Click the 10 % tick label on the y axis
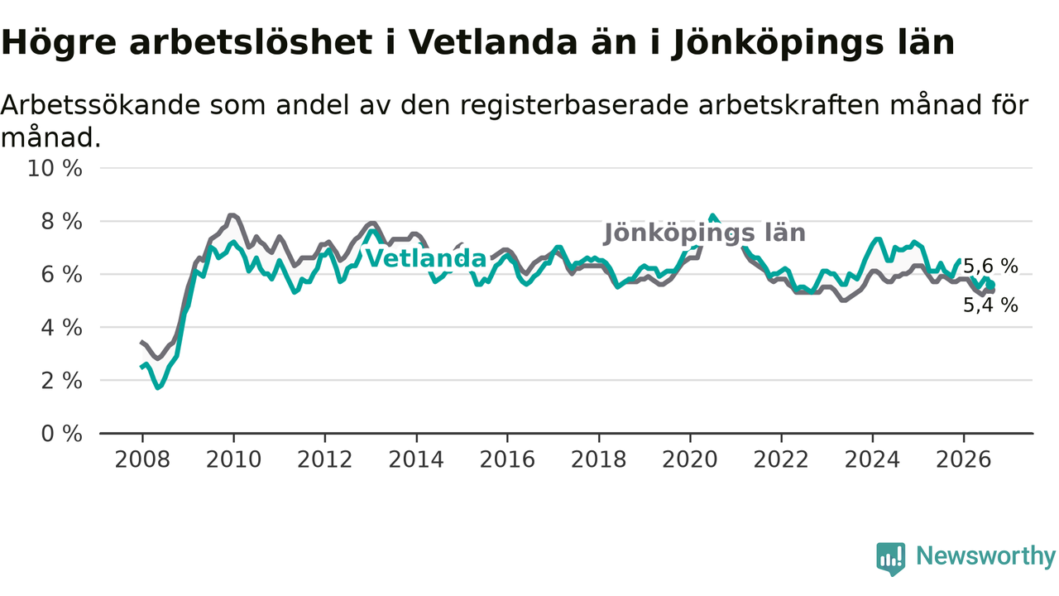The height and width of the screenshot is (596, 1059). click(55, 168)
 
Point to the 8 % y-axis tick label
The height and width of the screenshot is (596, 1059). click(61, 221)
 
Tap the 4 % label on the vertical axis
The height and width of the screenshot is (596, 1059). click(61, 327)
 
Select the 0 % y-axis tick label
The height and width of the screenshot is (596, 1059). click(61, 434)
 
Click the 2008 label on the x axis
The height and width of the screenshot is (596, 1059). click(142, 459)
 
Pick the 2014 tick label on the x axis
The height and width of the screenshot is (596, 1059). click(416, 459)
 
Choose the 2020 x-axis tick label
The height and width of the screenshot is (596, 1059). click(690, 459)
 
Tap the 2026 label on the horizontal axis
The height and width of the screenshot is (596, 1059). click(964, 459)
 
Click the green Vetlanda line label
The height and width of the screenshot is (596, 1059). click(426, 259)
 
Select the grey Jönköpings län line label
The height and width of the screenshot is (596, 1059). click(704, 233)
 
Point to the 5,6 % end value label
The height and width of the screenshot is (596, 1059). click(990, 267)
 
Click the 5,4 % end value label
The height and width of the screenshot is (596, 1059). click(990, 305)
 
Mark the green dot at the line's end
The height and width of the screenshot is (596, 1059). click(990, 284)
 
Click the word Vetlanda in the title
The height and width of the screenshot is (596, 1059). click(493, 42)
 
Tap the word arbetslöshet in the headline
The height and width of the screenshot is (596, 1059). click(251, 42)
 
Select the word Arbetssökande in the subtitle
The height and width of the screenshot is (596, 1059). click(100, 104)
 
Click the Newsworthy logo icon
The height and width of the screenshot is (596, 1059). click(891, 559)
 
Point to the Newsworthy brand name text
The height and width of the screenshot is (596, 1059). click(985, 555)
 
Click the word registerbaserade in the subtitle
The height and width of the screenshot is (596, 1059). click(574, 105)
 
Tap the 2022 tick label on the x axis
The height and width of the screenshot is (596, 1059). click(781, 459)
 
